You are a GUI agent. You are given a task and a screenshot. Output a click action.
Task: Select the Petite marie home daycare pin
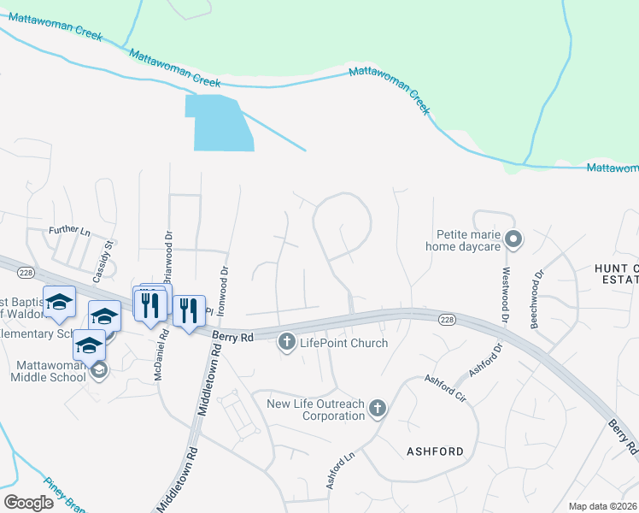(x=513, y=239)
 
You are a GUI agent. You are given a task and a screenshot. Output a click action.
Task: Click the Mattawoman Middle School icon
(x=99, y=370)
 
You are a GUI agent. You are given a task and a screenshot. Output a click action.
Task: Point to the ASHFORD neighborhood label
(x=435, y=451)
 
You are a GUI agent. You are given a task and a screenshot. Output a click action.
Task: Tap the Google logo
(x=28, y=502)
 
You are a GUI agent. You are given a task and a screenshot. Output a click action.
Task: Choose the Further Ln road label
(x=69, y=231)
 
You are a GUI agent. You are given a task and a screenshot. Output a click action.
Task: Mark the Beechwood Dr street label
(x=537, y=299)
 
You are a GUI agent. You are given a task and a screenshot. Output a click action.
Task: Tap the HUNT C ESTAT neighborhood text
(x=616, y=274)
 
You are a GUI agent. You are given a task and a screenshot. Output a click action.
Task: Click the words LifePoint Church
(x=343, y=343)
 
